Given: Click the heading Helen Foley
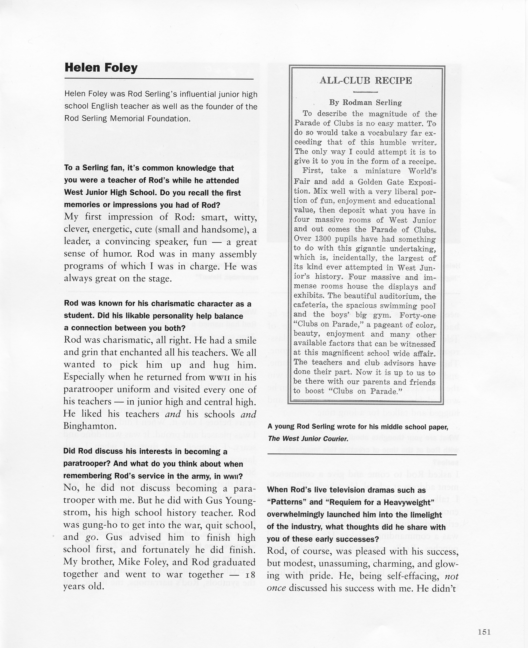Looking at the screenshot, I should pyautogui.click(x=101, y=67).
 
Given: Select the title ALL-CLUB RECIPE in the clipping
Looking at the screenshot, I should pyautogui.click(x=366, y=81).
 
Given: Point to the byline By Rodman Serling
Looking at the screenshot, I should pyautogui.click(x=365, y=102).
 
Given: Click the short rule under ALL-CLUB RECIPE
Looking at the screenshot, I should pyautogui.click(x=365, y=92).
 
